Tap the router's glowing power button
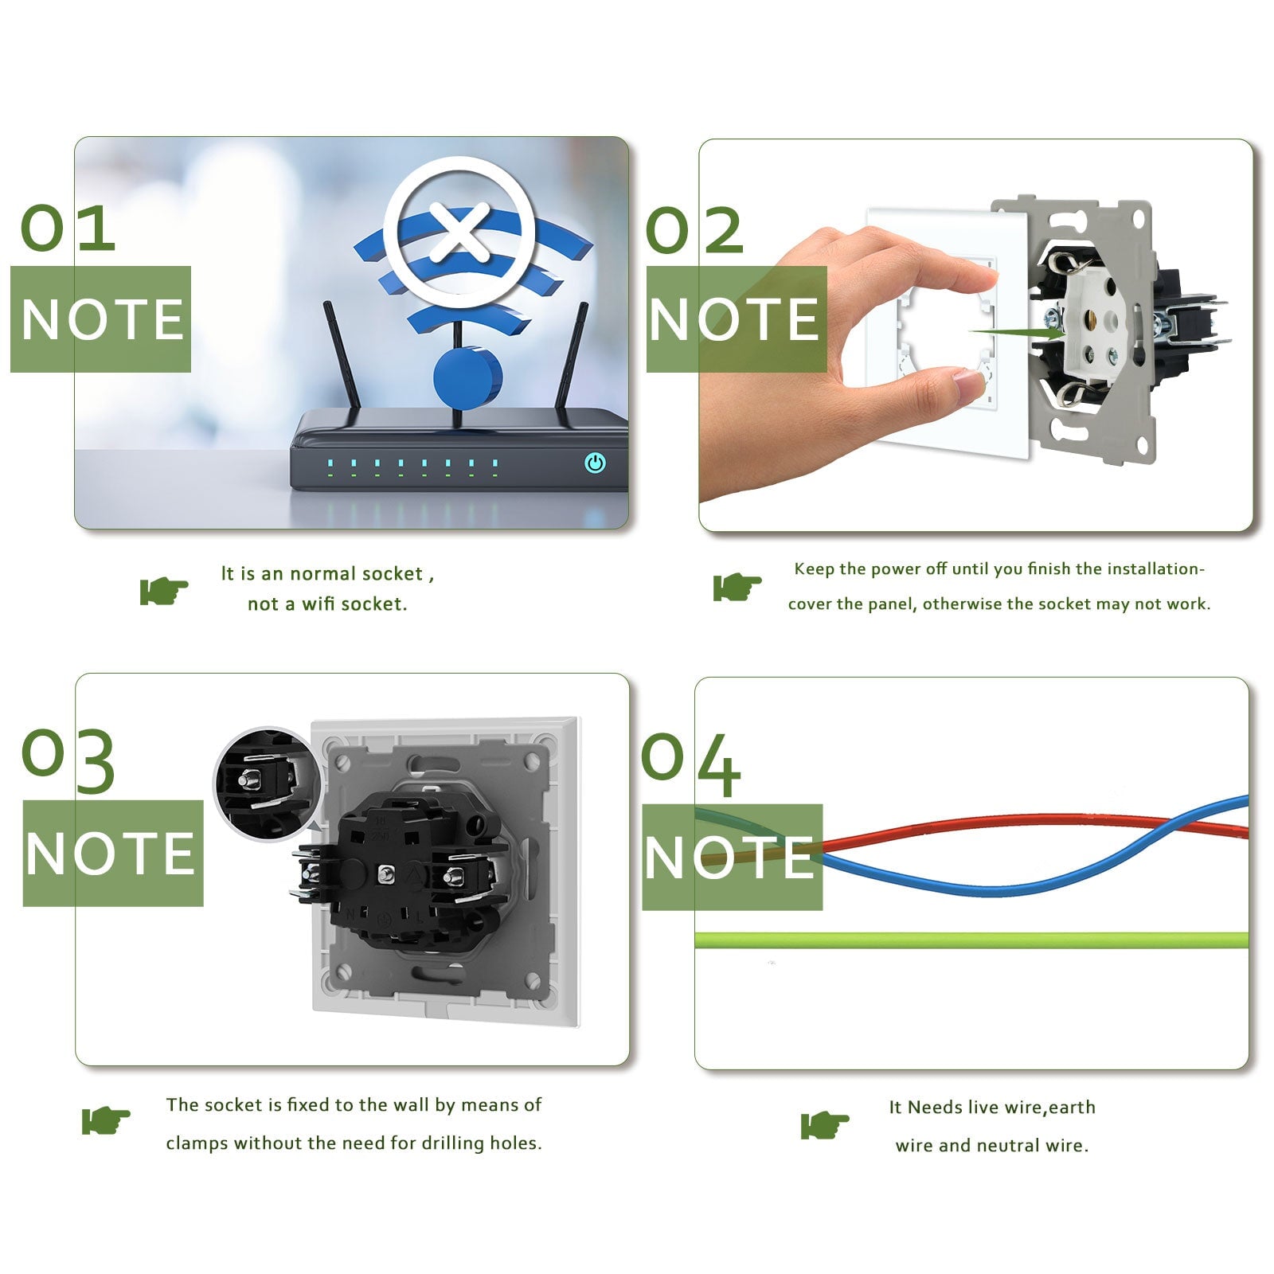(595, 463)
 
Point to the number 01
(68, 229)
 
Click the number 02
(694, 230)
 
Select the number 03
(68, 761)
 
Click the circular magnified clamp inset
(267, 783)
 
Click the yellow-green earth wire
(971, 940)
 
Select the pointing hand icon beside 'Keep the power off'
(737, 587)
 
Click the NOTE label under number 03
(112, 853)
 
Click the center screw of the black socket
(386, 873)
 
